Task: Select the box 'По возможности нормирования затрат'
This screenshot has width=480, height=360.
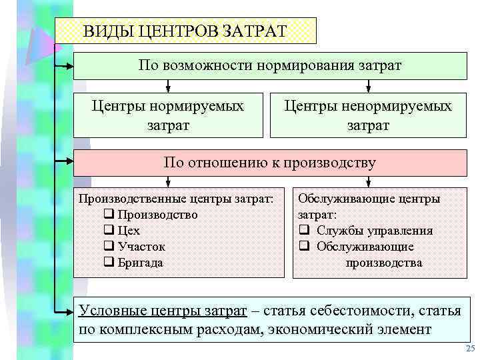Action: click(x=270, y=65)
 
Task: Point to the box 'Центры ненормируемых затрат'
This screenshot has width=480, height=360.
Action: click(x=368, y=115)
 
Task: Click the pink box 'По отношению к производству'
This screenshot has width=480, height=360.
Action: click(x=270, y=162)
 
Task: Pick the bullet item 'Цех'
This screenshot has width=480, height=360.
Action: click(x=129, y=231)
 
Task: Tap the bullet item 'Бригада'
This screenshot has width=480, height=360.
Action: click(x=140, y=263)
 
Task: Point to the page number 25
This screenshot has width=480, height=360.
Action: click(x=470, y=349)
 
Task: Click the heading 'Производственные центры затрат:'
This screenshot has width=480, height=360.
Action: click(x=176, y=199)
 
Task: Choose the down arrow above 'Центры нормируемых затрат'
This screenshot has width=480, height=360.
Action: click(x=168, y=87)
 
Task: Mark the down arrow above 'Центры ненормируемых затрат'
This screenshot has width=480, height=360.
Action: click(x=369, y=87)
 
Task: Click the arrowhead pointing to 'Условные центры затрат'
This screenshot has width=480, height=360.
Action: click(x=67, y=310)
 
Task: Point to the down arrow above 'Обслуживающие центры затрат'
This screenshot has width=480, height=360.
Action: click(x=369, y=183)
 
